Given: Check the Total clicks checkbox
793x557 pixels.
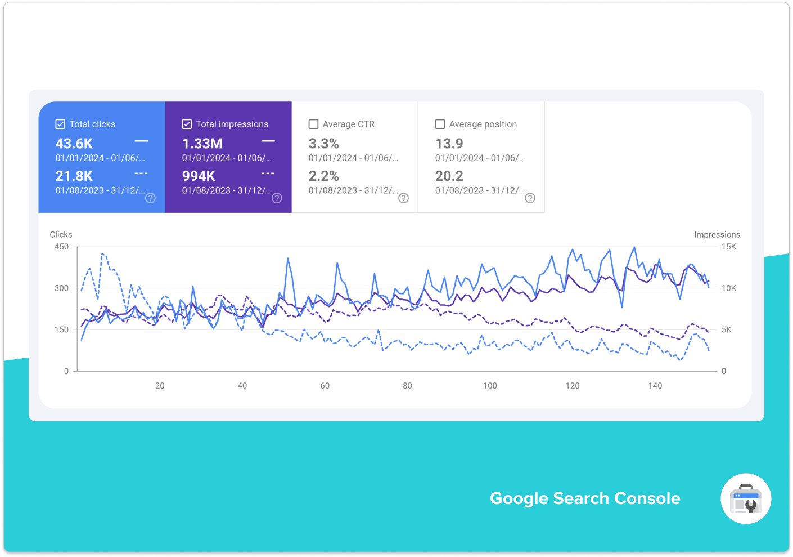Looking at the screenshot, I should (x=60, y=124).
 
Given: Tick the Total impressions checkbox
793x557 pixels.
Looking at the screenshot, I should (x=187, y=124).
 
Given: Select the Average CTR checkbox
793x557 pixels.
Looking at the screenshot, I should (x=314, y=124).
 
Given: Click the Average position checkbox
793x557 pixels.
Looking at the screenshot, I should (x=440, y=124).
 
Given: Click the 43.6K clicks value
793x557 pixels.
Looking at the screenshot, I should (x=74, y=144).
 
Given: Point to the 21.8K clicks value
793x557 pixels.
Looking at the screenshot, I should (x=74, y=176).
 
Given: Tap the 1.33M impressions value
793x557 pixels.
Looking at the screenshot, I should (x=202, y=144).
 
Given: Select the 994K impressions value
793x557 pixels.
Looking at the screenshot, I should (x=199, y=176).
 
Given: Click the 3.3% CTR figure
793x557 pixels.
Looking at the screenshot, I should (x=323, y=144).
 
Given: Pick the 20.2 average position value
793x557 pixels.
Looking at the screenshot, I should (x=449, y=176).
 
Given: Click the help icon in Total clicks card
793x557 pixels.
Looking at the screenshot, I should (x=150, y=198).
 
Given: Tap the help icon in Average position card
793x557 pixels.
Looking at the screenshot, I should (x=530, y=198).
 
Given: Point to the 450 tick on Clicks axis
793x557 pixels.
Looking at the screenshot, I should (x=62, y=247).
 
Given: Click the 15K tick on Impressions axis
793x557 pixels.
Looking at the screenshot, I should (x=728, y=247).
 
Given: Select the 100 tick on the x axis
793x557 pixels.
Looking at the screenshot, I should (x=490, y=386).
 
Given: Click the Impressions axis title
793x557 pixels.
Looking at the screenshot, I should (x=717, y=235).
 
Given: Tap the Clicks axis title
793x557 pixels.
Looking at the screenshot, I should (x=61, y=235).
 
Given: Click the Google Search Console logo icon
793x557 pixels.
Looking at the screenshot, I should (x=746, y=499).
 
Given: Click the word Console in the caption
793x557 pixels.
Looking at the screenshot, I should (x=647, y=498).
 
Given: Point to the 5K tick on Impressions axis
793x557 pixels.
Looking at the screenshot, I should (x=726, y=329).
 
